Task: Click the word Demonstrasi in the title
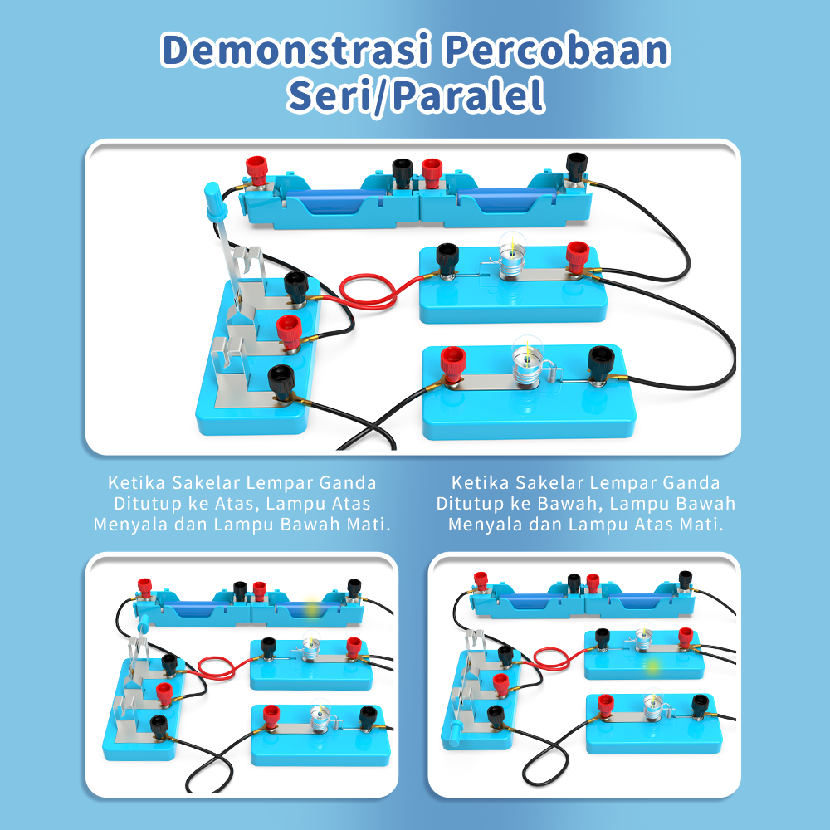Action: pyautogui.click(x=295, y=51)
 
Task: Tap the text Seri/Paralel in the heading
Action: pyautogui.click(x=415, y=96)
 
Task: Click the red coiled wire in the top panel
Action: pyautogui.click(x=365, y=291)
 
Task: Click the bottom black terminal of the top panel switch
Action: pyautogui.click(x=281, y=383)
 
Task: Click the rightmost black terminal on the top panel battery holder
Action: pyautogui.click(x=574, y=167)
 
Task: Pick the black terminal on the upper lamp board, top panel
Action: pyautogui.click(x=447, y=259)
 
